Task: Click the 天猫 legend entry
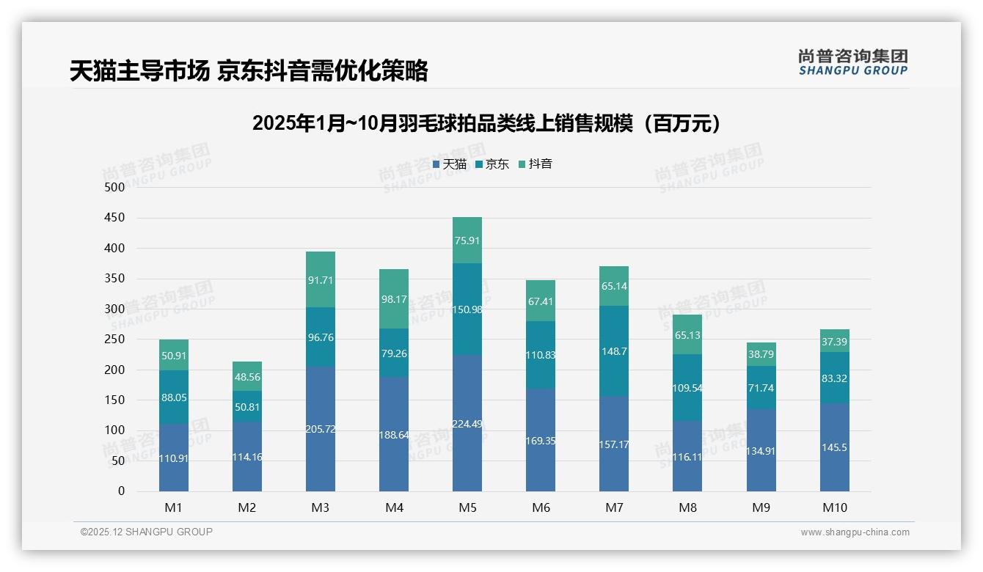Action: (449, 164)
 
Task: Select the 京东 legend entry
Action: (491, 164)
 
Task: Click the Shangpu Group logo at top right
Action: (852, 62)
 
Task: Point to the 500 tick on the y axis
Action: (114, 188)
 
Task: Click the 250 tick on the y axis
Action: (114, 340)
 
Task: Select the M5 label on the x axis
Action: (467, 507)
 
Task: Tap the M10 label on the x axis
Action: (834, 507)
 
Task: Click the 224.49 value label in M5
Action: (467, 423)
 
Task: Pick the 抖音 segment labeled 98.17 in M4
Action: (394, 299)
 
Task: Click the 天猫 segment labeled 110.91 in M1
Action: (174, 458)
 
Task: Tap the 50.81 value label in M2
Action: (247, 407)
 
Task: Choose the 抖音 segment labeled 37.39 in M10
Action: (835, 342)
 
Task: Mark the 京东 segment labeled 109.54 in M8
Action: (687, 388)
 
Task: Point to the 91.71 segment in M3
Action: (321, 279)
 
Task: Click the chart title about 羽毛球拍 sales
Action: (490, 123)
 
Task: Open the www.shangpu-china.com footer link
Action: (855, 532)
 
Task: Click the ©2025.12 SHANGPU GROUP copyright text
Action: (146, 532)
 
